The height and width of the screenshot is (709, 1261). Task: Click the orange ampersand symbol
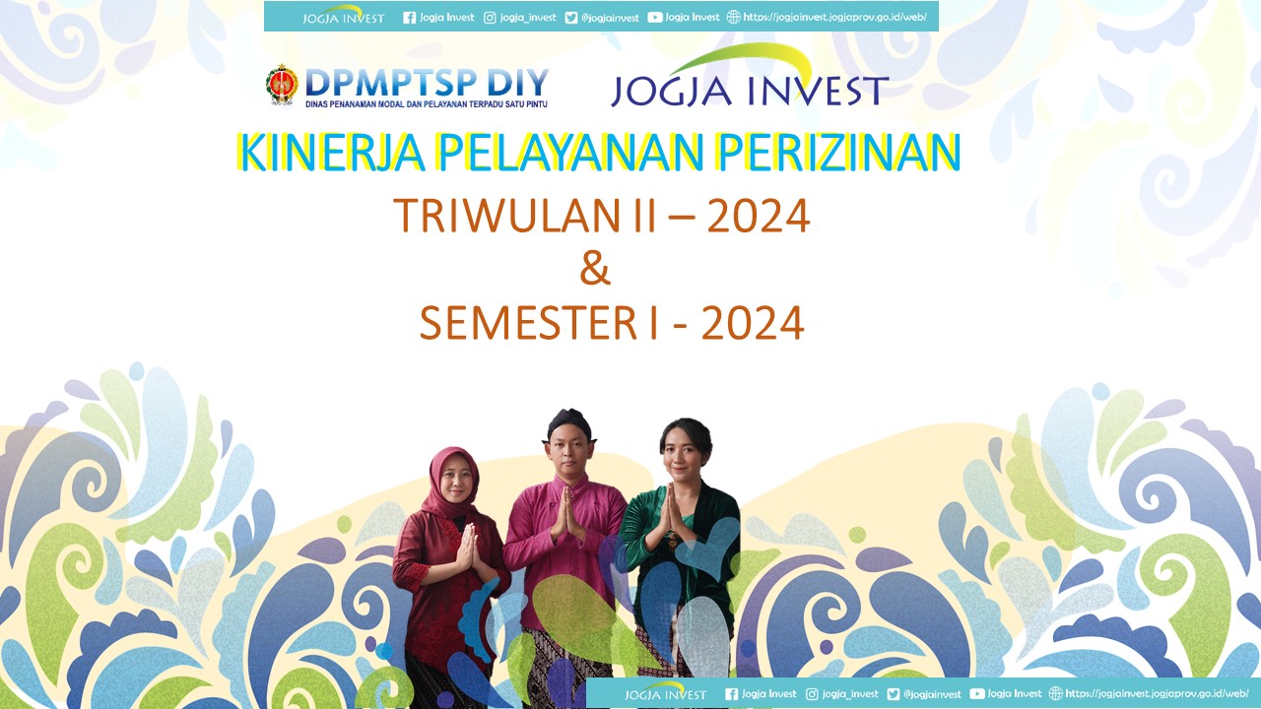click(595, 269)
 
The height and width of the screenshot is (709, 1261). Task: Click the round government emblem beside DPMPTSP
click(282, 85)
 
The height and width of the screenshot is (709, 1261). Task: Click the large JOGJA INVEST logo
click(750, 76)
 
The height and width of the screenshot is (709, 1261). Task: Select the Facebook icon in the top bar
click(409, 18)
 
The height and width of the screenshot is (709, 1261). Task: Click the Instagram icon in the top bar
click(490, 18)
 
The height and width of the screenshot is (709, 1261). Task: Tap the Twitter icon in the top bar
click(570, 18)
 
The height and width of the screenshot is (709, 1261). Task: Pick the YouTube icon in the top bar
click(655, 18)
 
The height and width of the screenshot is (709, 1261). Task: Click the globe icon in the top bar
click(734, 17)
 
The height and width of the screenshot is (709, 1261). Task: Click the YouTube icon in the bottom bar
click(977, 694)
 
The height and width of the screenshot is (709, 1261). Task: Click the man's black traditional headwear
click(569, 422)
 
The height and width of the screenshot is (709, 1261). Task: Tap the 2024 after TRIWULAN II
click(759, 216)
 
